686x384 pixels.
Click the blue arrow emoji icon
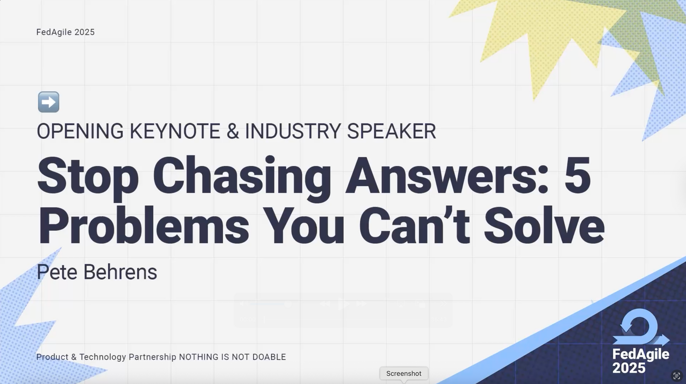click(49, 102)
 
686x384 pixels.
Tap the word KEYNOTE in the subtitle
click(175, 131)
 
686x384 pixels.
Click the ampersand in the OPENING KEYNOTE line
click(233, 131)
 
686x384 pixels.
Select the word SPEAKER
click(391, 131)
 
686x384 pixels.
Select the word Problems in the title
click(143, 226)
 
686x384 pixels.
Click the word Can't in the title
click(414, 226)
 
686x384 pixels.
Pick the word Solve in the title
click(544, 226)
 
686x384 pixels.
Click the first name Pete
click(57, 272)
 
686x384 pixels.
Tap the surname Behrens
click(120, 272)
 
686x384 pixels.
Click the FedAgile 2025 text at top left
click(65, 32)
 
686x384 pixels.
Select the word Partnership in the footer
click(152, 357)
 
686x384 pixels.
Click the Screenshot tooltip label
click(404, 374)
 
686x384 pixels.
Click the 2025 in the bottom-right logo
click(629, 368)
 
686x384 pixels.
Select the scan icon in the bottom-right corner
click(677, 375)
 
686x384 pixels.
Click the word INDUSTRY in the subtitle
click(293, 131)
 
